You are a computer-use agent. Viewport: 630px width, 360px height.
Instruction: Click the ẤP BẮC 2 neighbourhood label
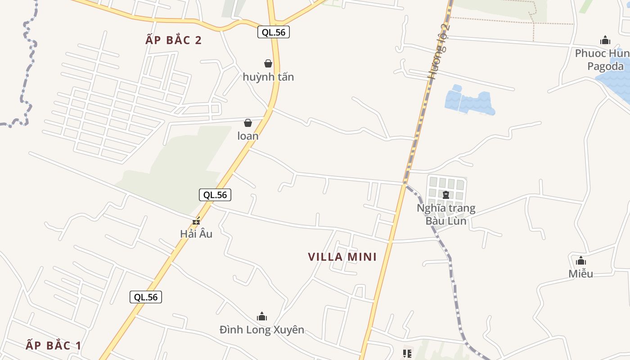point(174,40)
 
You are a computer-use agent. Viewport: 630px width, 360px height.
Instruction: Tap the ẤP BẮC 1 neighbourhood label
point(54,345)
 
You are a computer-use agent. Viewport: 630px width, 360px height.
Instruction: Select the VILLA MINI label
point(342,257)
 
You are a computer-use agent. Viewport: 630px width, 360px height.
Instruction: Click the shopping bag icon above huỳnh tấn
point(268,63)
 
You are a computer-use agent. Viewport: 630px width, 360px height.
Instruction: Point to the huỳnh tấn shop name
point(268,77)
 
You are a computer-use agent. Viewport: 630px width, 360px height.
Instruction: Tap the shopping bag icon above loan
point(248,123)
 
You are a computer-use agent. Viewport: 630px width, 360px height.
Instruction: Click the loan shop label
point(248,136)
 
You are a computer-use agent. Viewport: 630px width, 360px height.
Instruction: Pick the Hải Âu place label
point(196,234)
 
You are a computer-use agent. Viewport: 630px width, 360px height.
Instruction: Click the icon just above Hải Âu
point(196,221)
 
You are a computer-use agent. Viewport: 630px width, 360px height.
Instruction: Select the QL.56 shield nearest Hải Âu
point(215,195)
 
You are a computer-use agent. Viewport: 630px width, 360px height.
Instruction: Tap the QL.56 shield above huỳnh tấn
point(274,32)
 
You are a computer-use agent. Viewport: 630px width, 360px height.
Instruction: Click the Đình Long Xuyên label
point(262,330)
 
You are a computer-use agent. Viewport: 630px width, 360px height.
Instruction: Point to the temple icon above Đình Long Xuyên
point(262,316)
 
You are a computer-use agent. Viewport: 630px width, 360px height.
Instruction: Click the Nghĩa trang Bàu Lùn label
point(446,215)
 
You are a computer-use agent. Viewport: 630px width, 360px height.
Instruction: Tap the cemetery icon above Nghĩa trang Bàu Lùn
point(446,195)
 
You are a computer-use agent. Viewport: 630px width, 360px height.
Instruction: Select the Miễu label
point(580,274)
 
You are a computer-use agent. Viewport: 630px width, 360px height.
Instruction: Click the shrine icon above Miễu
point(581,261)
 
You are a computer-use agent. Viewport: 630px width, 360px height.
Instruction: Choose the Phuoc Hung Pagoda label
point(602,60)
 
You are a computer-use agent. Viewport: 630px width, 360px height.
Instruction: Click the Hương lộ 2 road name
point(439,50)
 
